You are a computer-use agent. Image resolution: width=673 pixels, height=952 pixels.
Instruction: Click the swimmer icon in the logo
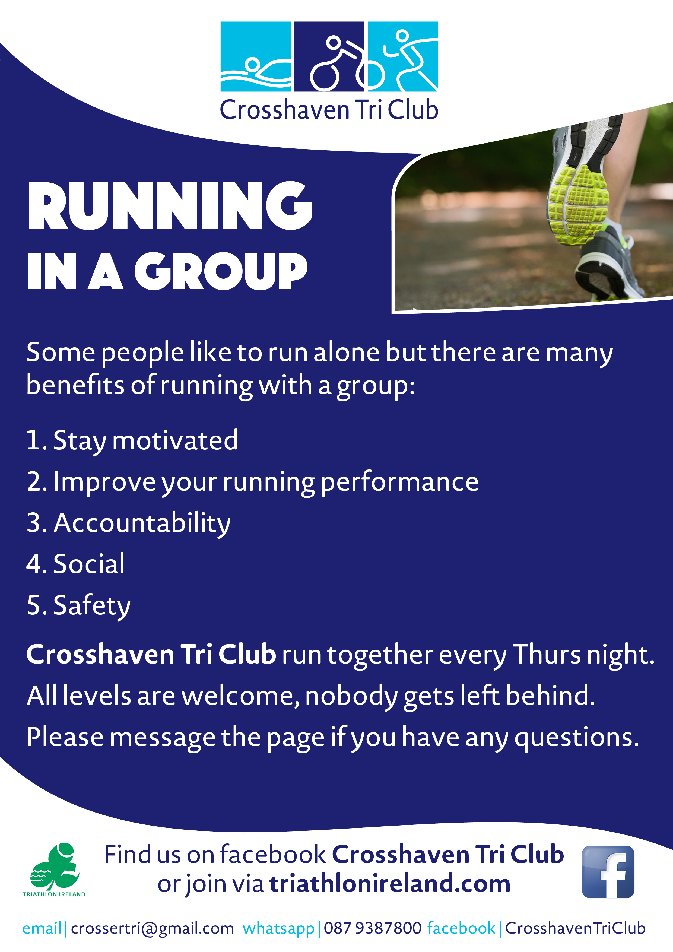click(255, 57)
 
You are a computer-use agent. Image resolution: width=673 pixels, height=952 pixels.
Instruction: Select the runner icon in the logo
click(403, 57)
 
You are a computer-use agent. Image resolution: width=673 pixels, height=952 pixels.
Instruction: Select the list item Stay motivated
click(145, 440)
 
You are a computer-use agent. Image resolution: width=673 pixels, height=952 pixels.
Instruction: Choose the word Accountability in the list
click(142, 523)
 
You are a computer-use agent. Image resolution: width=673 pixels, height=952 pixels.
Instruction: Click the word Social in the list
click(89, 564)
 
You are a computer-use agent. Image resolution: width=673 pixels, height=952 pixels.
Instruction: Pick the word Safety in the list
click(92, 605)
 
